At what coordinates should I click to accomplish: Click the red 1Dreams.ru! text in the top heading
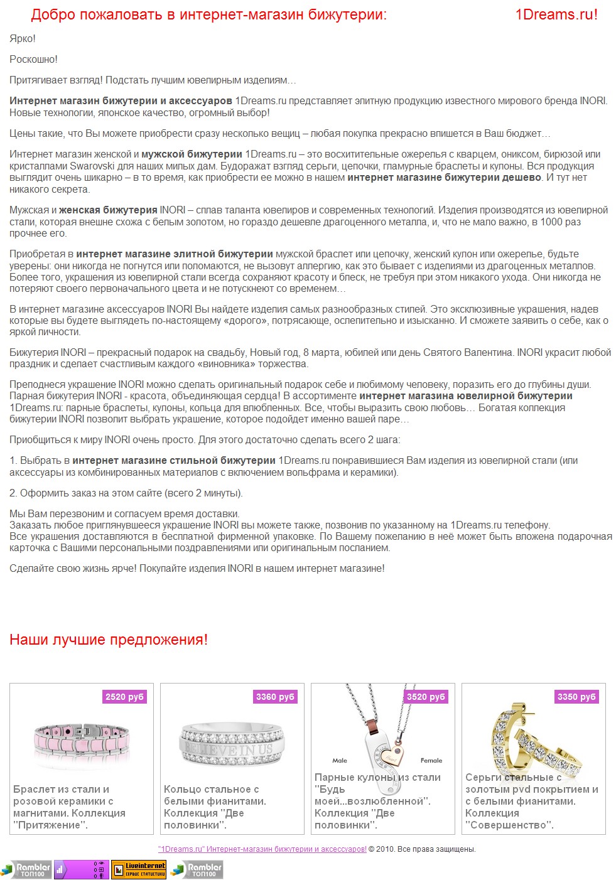point(556,14)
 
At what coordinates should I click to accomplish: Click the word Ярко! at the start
point(23,39)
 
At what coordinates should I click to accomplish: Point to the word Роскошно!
point(33,60)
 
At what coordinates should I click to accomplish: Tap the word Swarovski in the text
point(92,166)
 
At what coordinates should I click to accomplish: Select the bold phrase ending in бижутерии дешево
point(444,178)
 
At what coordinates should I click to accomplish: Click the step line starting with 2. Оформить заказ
point(126,493)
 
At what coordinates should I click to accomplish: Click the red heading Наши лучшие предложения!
point(108,640)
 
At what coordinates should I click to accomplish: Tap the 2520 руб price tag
point(124,697)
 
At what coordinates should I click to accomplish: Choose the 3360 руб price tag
point(275,697)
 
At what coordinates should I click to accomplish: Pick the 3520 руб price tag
point(426,697)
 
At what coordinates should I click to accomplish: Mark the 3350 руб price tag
point(576,697)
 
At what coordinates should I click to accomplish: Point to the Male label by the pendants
point(340,761)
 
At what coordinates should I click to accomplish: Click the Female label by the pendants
point(431,761)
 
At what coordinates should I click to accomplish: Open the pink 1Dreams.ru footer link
point(262,849)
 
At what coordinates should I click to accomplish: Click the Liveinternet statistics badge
point(139,869)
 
